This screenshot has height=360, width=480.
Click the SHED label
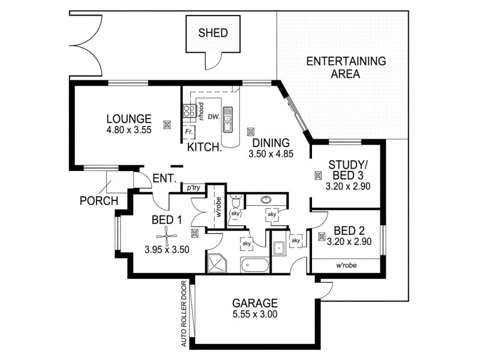(x=213, y=33)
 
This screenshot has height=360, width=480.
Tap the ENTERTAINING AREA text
(x=345, y=68)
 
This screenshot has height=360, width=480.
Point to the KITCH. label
(x=205, y=148)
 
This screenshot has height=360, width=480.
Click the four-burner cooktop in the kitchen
(x=188, y=111)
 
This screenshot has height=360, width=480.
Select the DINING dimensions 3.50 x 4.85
(x=270, y=154)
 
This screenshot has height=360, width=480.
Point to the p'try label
(x=193, y=188)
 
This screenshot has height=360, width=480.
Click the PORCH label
(x=99, y=200)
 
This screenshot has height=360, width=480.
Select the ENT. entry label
(x=164, y=178)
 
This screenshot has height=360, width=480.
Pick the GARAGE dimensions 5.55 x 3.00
(x=256, y=314)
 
